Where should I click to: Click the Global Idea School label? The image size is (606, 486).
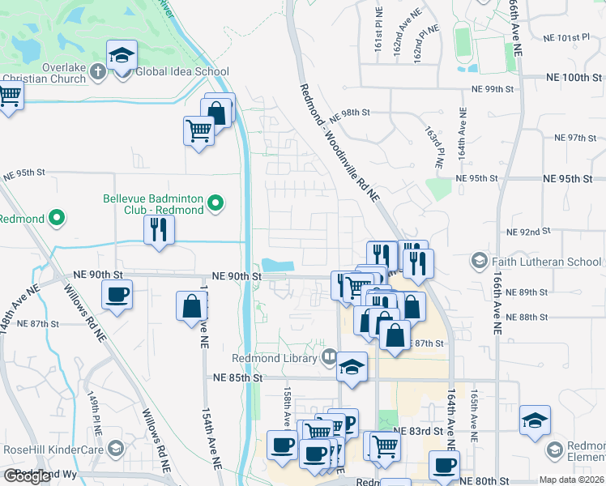182,71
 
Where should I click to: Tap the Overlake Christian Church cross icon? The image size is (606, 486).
96,71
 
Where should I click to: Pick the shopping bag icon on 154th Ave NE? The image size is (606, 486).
191,306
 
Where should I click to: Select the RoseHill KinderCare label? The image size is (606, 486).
54,448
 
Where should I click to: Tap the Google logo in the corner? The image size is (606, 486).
27,476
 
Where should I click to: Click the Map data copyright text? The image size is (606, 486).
570,480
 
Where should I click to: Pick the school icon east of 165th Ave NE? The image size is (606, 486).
536,420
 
